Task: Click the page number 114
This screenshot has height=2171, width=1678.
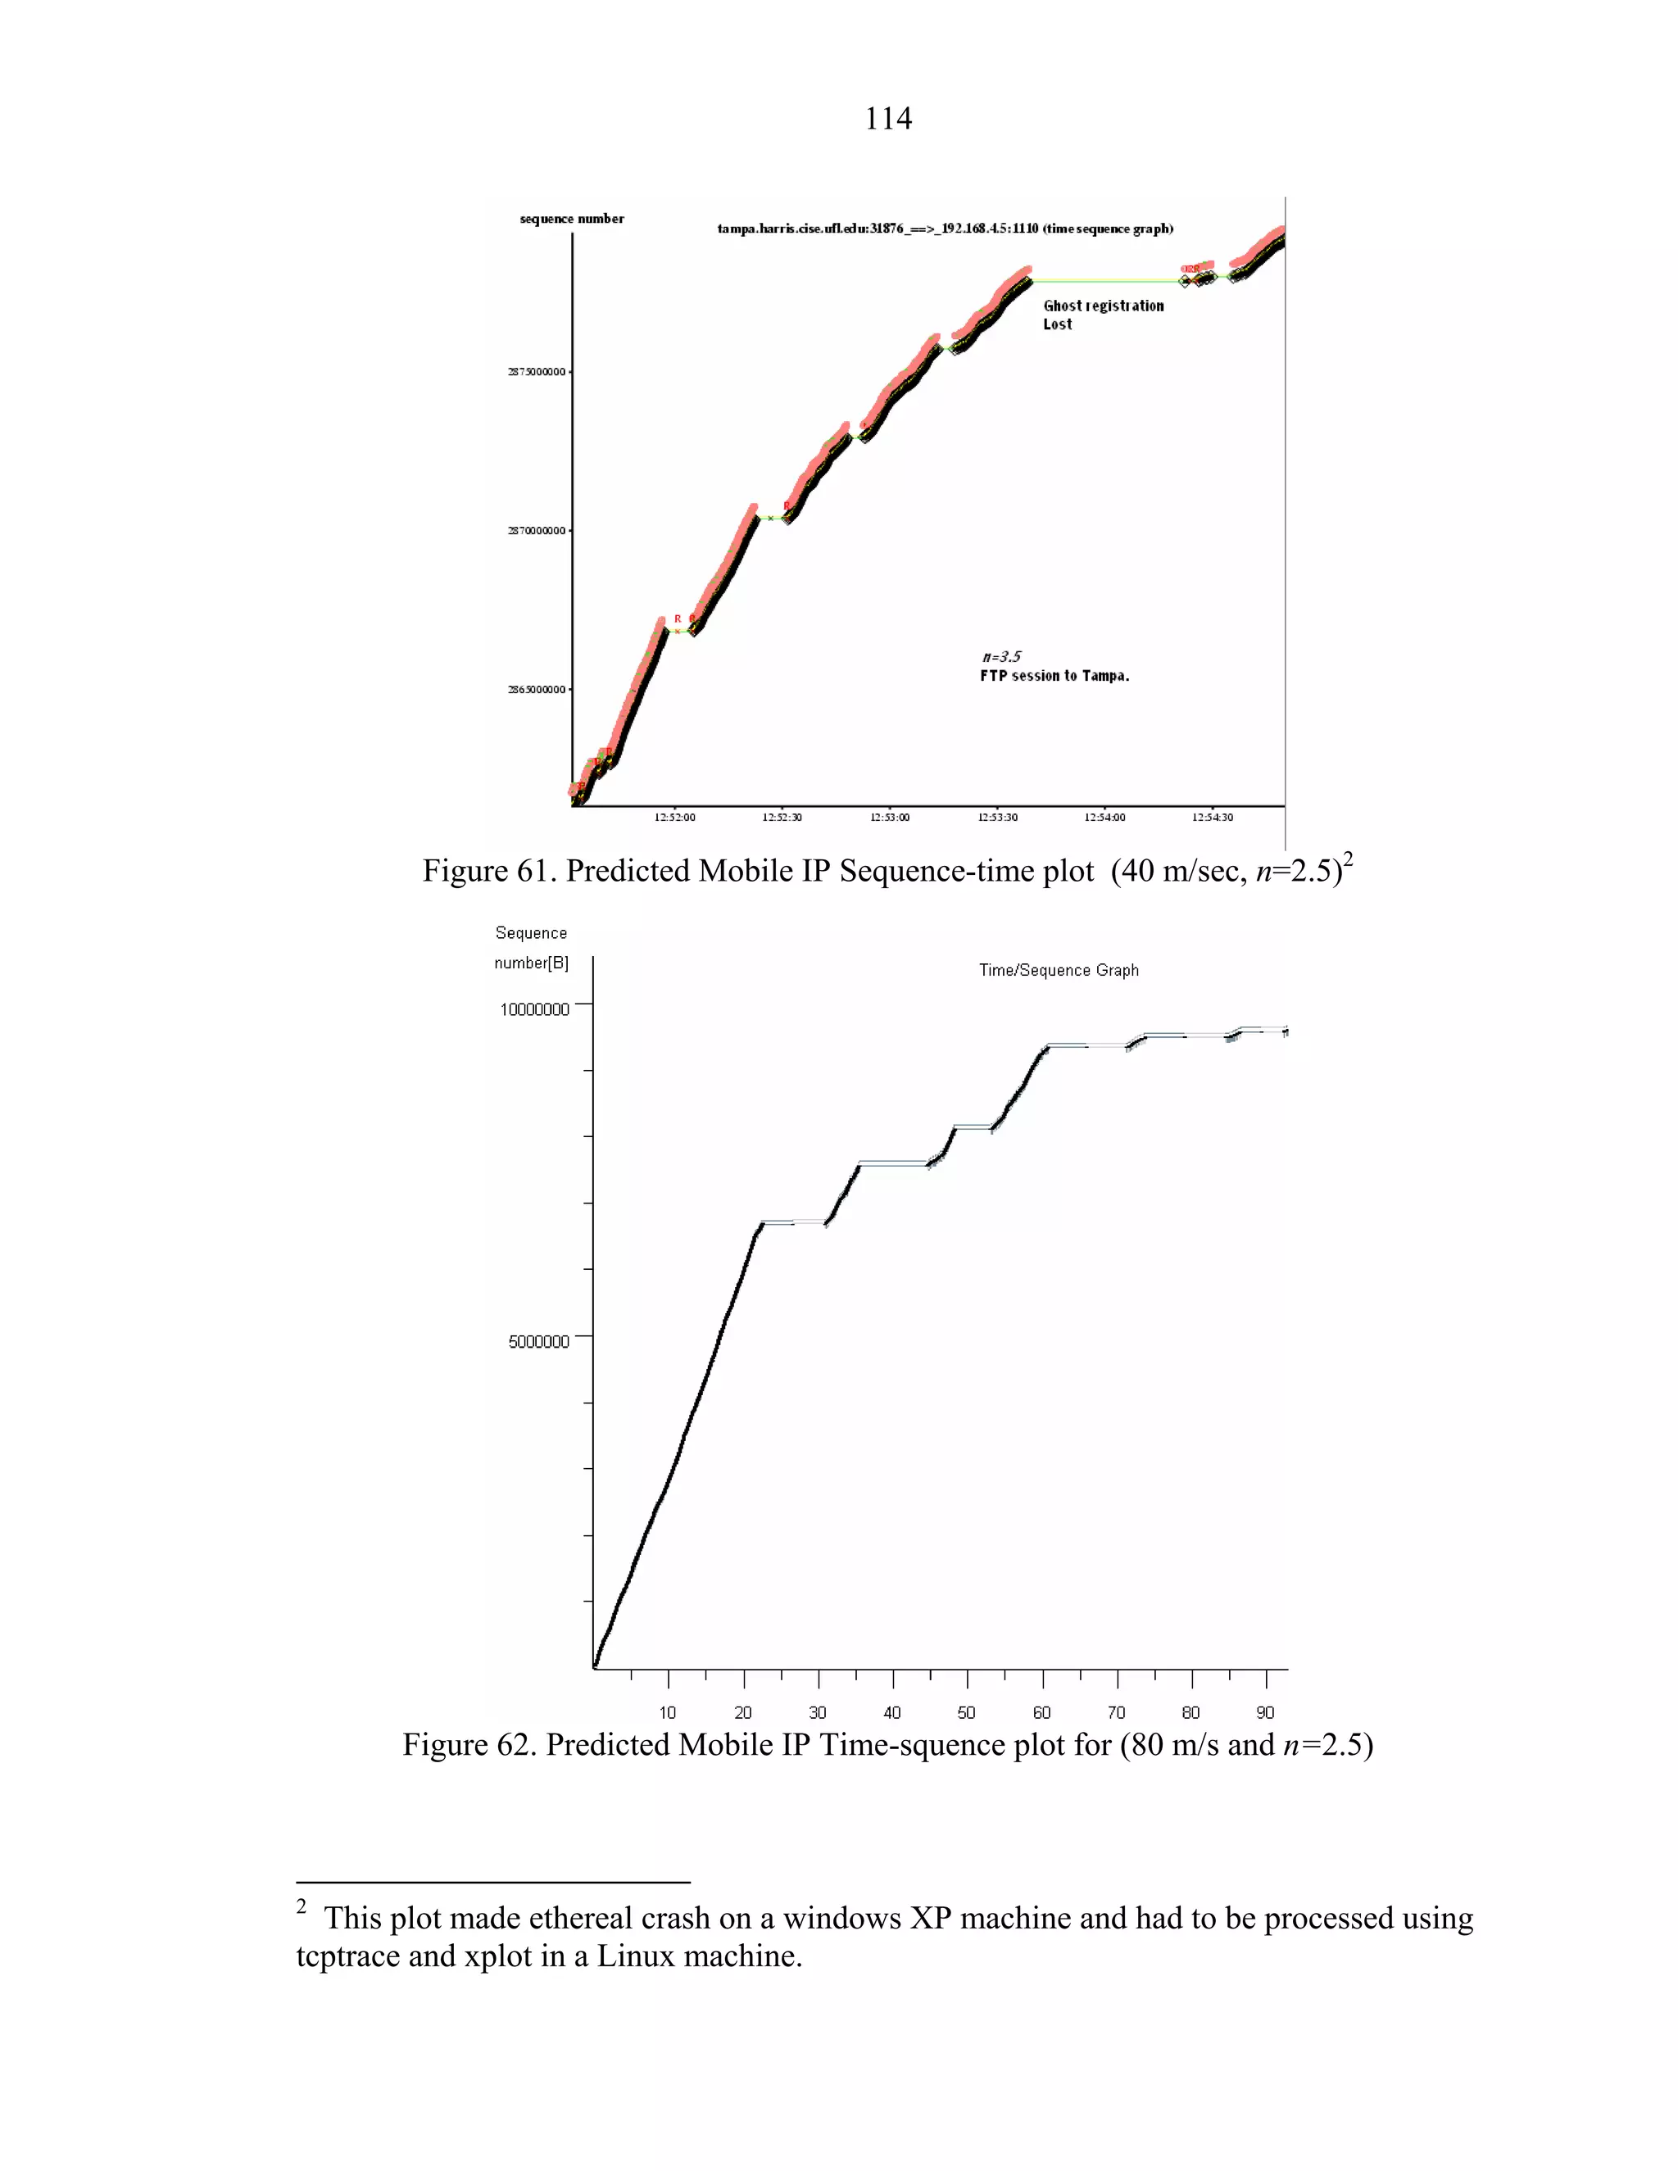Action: (887, 118)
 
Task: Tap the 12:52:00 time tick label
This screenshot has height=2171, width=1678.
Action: (674, 817)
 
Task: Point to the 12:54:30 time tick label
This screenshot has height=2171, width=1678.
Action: (1212, 817)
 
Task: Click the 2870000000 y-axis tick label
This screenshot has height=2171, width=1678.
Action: (536, 531)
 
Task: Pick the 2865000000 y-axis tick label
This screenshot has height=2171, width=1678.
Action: (536, 690)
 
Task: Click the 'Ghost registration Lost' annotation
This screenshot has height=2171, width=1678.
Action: (1103, 314)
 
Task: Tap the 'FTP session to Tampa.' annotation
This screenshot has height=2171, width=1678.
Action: (1054, 676)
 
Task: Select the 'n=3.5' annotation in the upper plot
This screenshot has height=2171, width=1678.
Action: (1001, 656)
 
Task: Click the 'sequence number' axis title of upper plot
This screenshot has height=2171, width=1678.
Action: (572, 219)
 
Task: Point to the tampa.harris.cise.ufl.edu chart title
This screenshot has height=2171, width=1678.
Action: (945, 229)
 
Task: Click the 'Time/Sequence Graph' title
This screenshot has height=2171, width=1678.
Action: (1059, 970)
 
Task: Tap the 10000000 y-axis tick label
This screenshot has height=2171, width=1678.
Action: (534, 1010)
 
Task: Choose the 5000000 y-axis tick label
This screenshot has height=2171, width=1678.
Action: (537, 1342)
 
